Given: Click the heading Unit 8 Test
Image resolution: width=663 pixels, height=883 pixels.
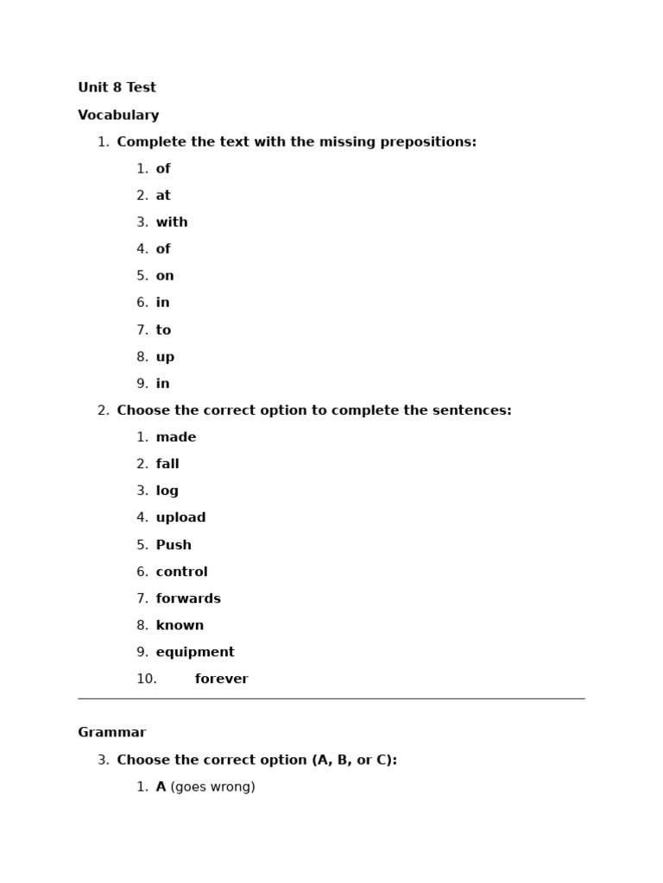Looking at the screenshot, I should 117,88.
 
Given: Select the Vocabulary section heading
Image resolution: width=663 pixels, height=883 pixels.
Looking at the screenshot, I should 118,116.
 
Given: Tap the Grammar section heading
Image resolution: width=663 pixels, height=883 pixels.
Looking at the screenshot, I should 111,733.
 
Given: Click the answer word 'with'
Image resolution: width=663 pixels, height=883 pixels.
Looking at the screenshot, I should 172,222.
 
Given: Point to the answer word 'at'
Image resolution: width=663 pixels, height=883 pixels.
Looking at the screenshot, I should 163,196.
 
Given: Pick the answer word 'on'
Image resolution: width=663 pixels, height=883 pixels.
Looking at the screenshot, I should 165,276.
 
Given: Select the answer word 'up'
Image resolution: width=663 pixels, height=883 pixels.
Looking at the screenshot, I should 165,357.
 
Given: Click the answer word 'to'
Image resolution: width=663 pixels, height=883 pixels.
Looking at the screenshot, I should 163,330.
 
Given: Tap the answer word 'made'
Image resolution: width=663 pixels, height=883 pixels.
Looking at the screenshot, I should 176,437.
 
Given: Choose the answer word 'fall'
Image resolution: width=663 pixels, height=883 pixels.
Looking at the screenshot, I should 167,464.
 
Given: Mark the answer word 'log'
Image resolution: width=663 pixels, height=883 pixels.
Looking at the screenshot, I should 167,491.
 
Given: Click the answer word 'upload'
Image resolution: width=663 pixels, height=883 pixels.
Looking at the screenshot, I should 180,517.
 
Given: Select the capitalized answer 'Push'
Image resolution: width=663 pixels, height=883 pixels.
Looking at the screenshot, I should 174,545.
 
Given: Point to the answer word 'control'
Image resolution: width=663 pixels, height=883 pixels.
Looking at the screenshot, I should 181,572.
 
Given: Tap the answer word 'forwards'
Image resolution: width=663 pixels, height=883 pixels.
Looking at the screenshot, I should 188,598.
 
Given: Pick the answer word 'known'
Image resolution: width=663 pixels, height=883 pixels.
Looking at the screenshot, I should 180,625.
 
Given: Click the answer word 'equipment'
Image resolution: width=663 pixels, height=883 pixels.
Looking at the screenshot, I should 195,652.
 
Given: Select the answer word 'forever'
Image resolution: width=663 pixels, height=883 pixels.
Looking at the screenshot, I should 221,679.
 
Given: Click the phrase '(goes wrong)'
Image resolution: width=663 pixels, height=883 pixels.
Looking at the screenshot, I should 212,787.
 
